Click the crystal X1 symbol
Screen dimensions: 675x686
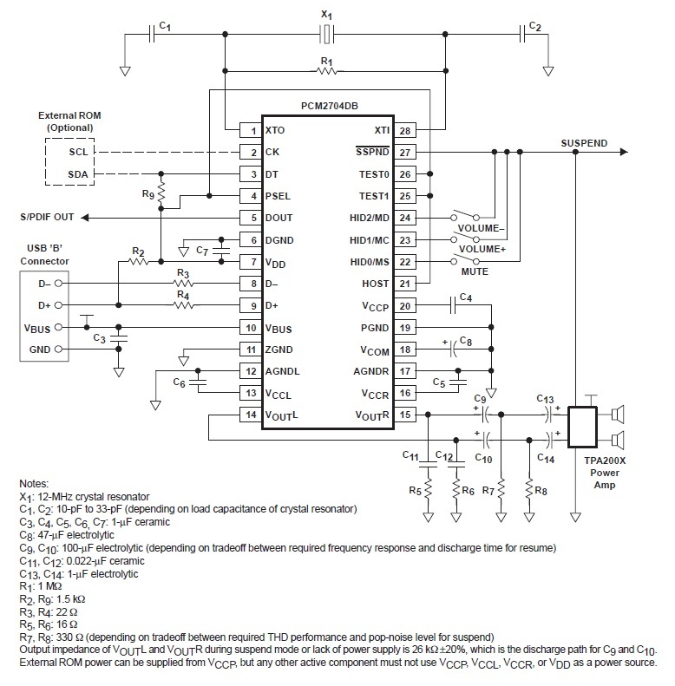point(326,34)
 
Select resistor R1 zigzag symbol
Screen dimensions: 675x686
point(326,70)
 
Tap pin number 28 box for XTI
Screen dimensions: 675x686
point(405,130)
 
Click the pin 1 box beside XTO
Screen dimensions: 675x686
point(251,130)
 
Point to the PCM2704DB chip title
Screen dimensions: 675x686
point(329,106)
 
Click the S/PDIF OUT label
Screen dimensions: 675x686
point(47,217)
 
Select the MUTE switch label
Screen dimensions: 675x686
point(475,271)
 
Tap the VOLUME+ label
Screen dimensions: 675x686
point(482,249)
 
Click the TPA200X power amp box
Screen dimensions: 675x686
point(582,427)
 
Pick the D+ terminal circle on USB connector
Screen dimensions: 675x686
point(58,305)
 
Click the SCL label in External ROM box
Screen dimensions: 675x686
point(78,152)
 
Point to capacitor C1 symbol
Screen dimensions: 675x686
point(152,34)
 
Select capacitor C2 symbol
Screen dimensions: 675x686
point(521,34)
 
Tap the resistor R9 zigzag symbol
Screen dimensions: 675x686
point(161,193)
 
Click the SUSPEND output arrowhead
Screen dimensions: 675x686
point(624,152)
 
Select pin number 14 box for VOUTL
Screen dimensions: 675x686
point(251,415)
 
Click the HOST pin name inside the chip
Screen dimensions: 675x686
point(375,284)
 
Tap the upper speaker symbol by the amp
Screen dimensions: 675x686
point(617,415)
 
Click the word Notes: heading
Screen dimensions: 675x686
point(34,483)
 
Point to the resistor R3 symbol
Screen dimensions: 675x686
point(184,283)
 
